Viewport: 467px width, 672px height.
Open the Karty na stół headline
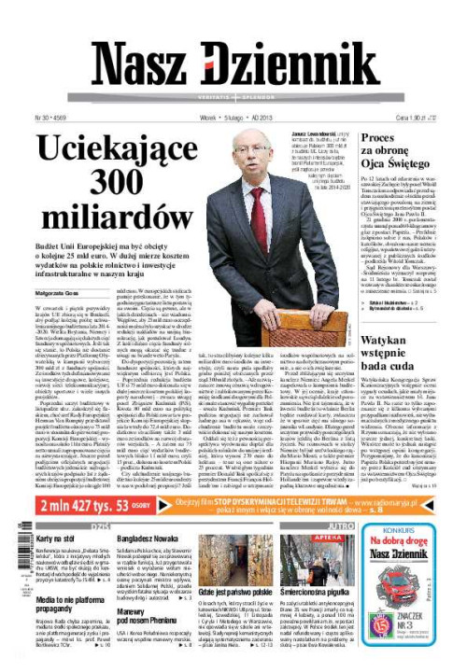click(x=56, y=538)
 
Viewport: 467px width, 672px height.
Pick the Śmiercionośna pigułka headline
click(x=340, y=618)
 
